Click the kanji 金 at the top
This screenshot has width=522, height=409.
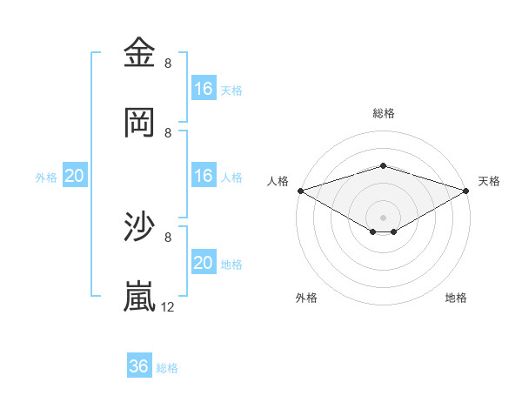coord(140,53)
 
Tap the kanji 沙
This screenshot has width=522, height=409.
coord(140,227)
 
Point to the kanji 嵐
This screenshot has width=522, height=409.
coord(140,297)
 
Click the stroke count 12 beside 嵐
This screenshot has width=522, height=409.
coord(168,306)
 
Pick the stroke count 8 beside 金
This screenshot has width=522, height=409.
coord(168,63)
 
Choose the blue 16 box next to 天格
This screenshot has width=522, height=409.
coord(204,88)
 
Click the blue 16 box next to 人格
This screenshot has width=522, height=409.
coord(204,176)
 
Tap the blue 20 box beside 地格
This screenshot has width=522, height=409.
coord(204,263)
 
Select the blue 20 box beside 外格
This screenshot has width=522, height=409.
coord(75,176)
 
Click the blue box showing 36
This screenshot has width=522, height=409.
coord(139,366)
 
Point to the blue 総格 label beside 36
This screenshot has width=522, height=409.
coord(167,368)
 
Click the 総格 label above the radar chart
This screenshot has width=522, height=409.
coord(384,113)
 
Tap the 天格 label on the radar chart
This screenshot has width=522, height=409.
coord(489,181)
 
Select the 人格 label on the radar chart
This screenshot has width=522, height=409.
coord(278,181)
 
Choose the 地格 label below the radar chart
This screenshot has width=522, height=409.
coord(456,298)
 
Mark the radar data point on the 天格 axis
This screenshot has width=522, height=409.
coord(466,190)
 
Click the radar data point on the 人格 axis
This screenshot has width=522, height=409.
coord(300,190)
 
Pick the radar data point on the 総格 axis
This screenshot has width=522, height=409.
coord(384,165)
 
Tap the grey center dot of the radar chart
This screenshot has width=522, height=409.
coord(384,217)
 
